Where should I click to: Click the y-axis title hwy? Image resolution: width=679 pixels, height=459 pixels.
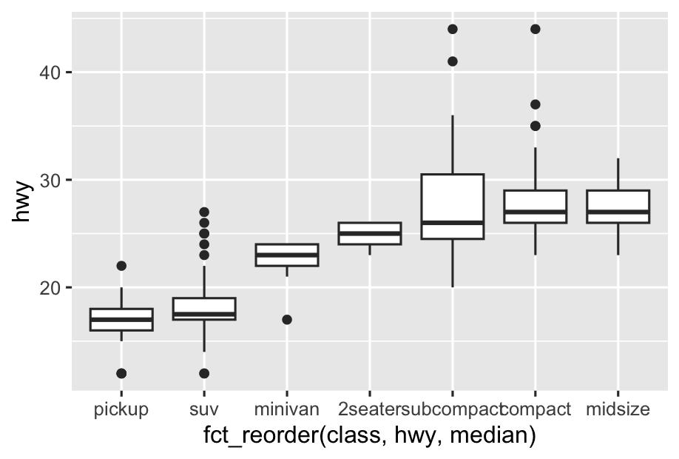click(x=23, y=202)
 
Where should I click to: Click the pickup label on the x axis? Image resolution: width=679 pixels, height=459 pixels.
click(x=121, y=409)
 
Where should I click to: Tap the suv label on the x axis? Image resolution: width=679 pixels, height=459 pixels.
click(x=204, y=409)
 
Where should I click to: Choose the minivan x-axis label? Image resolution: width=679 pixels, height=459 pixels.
click(x=287, y=409)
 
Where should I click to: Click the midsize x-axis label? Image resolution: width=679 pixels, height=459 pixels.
click(x=618, y=409)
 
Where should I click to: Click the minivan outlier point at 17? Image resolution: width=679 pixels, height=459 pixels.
click(x=287, y=320)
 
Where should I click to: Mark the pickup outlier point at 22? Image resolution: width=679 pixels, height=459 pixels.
click(x=121, y=266)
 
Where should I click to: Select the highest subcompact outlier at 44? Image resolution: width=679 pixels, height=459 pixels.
click(x=453, y=30)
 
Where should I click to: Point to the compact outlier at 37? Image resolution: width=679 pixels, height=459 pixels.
click(x=536, y=104)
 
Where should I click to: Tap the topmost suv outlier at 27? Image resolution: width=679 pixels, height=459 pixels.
click(x=204, y=212)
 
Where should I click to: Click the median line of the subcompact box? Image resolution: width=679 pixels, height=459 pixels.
click(x=453, y=223)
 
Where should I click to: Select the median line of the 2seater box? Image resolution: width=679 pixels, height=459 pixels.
click(x=370, y=233)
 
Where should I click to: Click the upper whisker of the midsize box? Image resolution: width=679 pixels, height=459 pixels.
click(x=618, y=175)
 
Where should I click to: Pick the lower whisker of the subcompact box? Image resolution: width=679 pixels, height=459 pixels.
click(x=453, y=263)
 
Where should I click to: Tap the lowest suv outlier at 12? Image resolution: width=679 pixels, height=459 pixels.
click(x=204, y=373)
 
